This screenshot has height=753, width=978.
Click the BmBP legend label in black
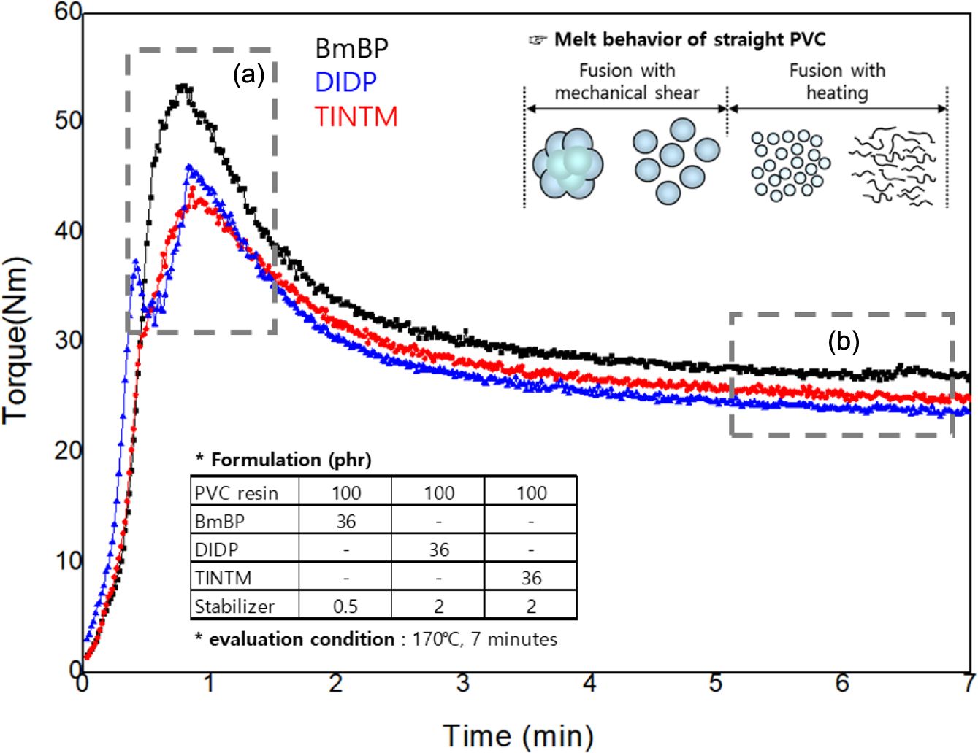tap(351, 48)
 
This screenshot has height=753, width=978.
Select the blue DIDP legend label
tap(345, 82)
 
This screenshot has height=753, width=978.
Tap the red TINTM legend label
tap(356, 117)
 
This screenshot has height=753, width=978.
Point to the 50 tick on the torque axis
tap(67, 120)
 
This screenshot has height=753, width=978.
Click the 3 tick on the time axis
tap(463, 684)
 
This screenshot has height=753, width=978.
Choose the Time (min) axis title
tap(518, 735)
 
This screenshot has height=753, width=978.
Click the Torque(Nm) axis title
tap(16, 340)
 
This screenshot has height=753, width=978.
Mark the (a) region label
tap(248, 74)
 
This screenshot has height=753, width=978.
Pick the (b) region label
tap(844, 341)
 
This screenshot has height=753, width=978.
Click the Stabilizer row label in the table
tap(234, 606)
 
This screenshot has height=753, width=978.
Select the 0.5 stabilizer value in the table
tap(345, 606)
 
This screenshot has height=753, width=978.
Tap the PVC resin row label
tap(236, 493)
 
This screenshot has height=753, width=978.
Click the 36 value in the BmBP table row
tap(345, 522)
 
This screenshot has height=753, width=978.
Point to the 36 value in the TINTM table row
tap(531, 578)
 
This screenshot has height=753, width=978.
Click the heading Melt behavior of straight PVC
tap(689, 39)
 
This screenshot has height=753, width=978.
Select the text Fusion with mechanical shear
tap(627, 82)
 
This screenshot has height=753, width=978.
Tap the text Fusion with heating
tap(837, 82)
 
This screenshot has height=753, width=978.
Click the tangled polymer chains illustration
tap(893, 166)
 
